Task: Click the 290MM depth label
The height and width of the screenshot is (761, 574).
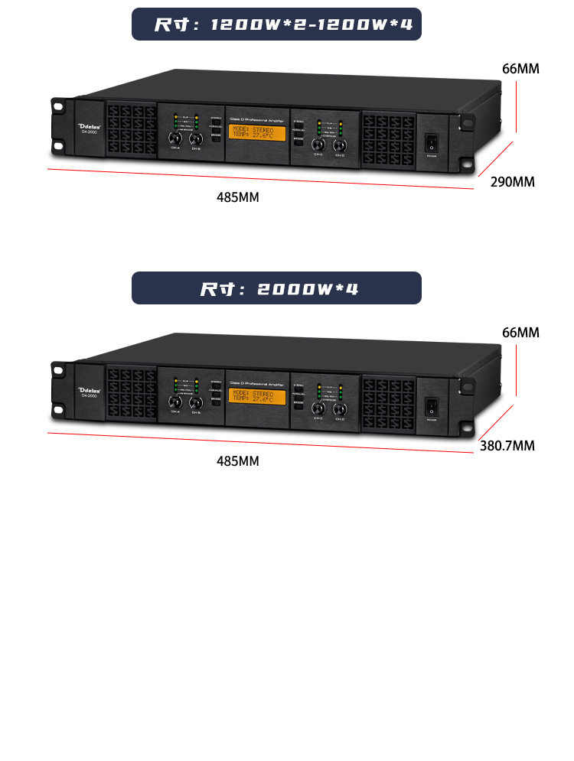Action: tap(512, 182)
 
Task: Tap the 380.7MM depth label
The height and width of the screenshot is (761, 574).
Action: tap(507, 446)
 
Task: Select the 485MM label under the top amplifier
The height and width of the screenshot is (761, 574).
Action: tap(238, 197)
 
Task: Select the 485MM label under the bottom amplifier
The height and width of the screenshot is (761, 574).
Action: tap(238, 461)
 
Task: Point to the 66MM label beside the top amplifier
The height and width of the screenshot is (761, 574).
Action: tap(520, 69)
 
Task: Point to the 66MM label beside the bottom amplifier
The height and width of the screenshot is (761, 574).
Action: tap(520, 333)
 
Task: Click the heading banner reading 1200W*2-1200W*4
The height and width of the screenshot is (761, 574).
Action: tap(276, 24)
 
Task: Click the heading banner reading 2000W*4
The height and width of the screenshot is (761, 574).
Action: tap(276, 288)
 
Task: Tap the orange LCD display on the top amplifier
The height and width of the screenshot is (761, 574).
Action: tap(257, 134)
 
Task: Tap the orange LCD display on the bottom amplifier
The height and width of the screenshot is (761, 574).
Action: tap(257, 398)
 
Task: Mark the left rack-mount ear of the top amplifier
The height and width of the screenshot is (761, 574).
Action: tap(59, 126)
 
